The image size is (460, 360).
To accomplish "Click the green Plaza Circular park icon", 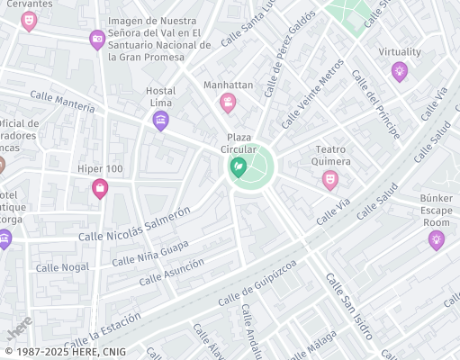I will pos(239,166).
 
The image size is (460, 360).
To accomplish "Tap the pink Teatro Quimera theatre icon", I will pos(330,181).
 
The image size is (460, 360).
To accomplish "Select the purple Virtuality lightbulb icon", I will pos(399,71).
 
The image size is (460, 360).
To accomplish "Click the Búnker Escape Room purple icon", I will pos(437,240).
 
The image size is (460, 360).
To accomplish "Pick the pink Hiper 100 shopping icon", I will pos(100,188).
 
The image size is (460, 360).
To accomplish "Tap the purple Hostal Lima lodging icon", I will pos(161,120).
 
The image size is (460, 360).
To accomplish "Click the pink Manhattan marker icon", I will pos(228,103).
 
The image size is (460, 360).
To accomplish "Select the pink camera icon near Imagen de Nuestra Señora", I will pos(96,39).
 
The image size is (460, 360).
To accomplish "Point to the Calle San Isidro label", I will pos(348,306).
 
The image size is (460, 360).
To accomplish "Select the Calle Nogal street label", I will pos(63,267).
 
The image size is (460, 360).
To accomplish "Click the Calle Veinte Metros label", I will pos(312,93).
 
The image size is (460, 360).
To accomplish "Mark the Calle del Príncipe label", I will pos(375,106).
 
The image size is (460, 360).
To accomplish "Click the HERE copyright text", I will pos(65,352).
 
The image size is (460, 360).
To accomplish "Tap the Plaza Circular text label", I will pos(241,143).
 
